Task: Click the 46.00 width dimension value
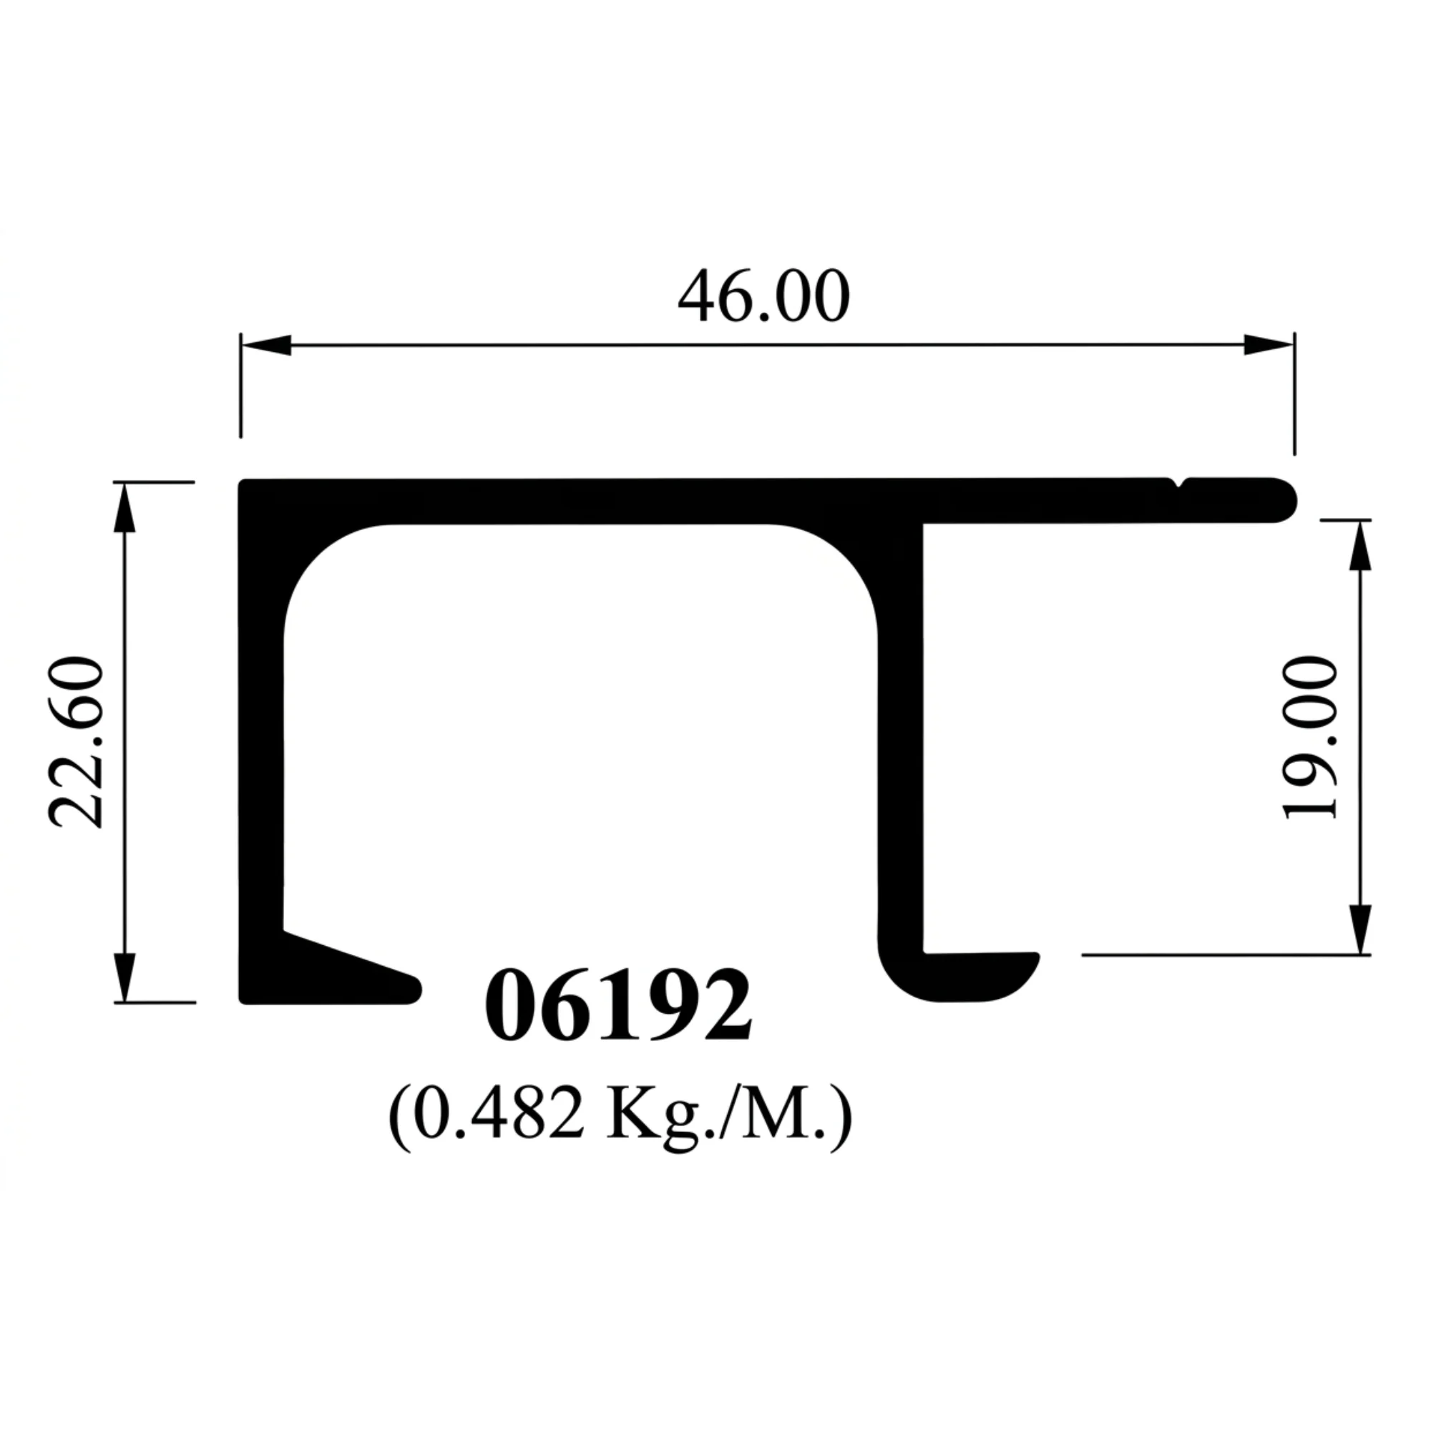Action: (x=763, y=297)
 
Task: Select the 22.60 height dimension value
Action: (x=77, y=741)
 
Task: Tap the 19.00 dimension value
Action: (x=1310, y=737)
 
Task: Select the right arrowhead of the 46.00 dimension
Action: (x=1269, y=344)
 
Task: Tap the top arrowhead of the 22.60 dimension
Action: (x=124, y=507)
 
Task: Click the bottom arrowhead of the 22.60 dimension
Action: (x=124, y=977)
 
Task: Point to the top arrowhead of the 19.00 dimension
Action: (x=1360, y=545)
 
